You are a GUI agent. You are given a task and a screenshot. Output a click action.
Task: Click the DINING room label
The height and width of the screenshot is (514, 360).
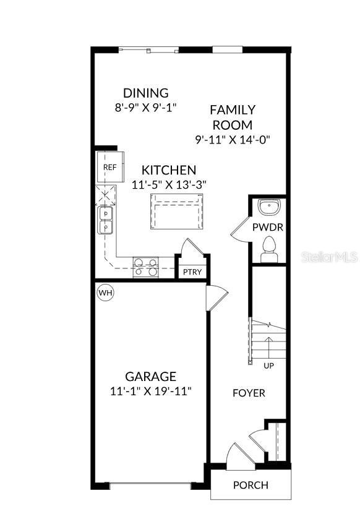pyautogui.click(x=145, y=93)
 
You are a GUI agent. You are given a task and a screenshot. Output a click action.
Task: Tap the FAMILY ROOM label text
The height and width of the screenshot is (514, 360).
pyautogui.click(x=232, y=117)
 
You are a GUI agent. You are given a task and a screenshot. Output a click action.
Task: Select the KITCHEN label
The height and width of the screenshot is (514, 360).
pyautogui.click(x=169, y=170)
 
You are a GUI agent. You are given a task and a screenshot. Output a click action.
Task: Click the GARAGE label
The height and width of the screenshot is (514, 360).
pyautogui.click(x=150, y=376)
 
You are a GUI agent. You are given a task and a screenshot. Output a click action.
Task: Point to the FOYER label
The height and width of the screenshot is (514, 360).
pyautogui.click(x=249, y=393)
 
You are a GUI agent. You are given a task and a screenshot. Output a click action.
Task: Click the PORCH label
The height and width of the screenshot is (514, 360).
pyautogui.click(x=251, y=485)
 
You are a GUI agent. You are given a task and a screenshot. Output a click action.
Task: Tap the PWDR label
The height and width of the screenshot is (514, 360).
pyautogui.click(x=268, y=227)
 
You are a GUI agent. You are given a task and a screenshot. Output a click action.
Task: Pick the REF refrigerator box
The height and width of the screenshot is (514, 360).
pyautogui.click(x=109, y=168)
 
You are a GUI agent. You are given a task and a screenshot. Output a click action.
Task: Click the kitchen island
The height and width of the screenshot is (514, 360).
pyautogui.click(x=176, y=211)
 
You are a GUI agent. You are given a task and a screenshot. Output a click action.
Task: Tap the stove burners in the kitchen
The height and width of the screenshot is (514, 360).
pyautogui.click(x=145, y=267)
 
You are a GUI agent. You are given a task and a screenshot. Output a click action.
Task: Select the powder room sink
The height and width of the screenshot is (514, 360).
pyautogui.click(x=269, y=206)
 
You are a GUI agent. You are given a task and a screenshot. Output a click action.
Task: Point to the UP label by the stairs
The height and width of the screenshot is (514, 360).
pyautogui.click(x=269, y=366)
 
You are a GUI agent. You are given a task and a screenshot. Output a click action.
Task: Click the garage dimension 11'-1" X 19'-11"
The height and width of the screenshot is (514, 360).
pyautogui.click(x=150, y=391)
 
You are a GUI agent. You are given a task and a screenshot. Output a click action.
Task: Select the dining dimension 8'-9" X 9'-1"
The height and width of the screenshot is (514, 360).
pyautogui.click(x=145, y=107)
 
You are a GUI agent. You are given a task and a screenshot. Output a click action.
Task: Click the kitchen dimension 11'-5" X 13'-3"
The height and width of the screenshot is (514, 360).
pyautogui.click(x=169, y=184)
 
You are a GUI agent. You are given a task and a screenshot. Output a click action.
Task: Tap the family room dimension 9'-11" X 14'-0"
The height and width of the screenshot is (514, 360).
pyautogui.click(x=232, y=139)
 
